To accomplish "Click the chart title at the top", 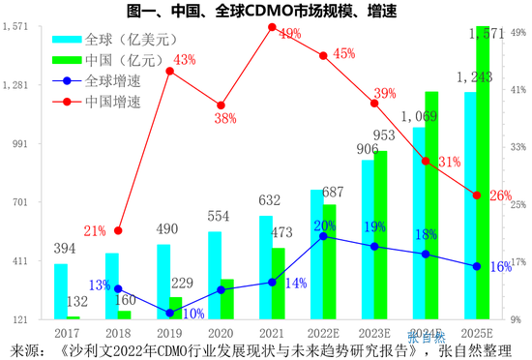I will pos(266,11).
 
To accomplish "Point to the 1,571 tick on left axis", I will pos(16,27).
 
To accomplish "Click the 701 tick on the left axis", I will pos(21,202).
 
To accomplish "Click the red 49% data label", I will pos(289,35).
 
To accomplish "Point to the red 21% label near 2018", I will pos(94,231).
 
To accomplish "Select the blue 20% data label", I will pos(325,225).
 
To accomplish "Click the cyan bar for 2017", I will pos(61,291).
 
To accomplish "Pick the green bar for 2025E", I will pos(483,174).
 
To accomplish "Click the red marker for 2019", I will pos(169,72).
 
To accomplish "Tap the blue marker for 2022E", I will pos(323,236).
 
